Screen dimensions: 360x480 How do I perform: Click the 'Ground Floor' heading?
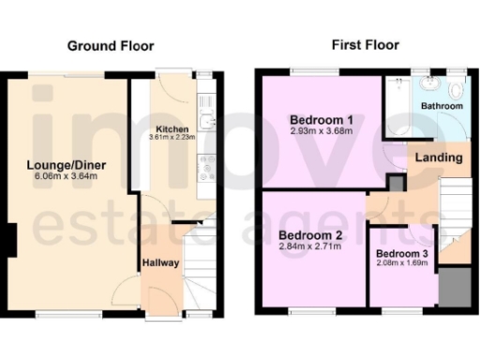coord(110,45)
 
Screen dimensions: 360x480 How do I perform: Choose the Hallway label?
coord(160,263)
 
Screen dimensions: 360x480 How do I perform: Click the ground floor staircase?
coord(198,272)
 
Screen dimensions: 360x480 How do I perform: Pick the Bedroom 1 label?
coord(321,120)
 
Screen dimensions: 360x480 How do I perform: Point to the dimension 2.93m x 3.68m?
coord(321,133)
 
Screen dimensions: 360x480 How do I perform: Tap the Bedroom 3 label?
coord(403,253)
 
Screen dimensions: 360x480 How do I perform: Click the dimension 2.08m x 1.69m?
coord(403,263)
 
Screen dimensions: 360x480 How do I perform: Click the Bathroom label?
coord(441,107)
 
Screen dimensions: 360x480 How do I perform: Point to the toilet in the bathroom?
coord(457,91)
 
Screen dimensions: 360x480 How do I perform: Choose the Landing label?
coord(439,157)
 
